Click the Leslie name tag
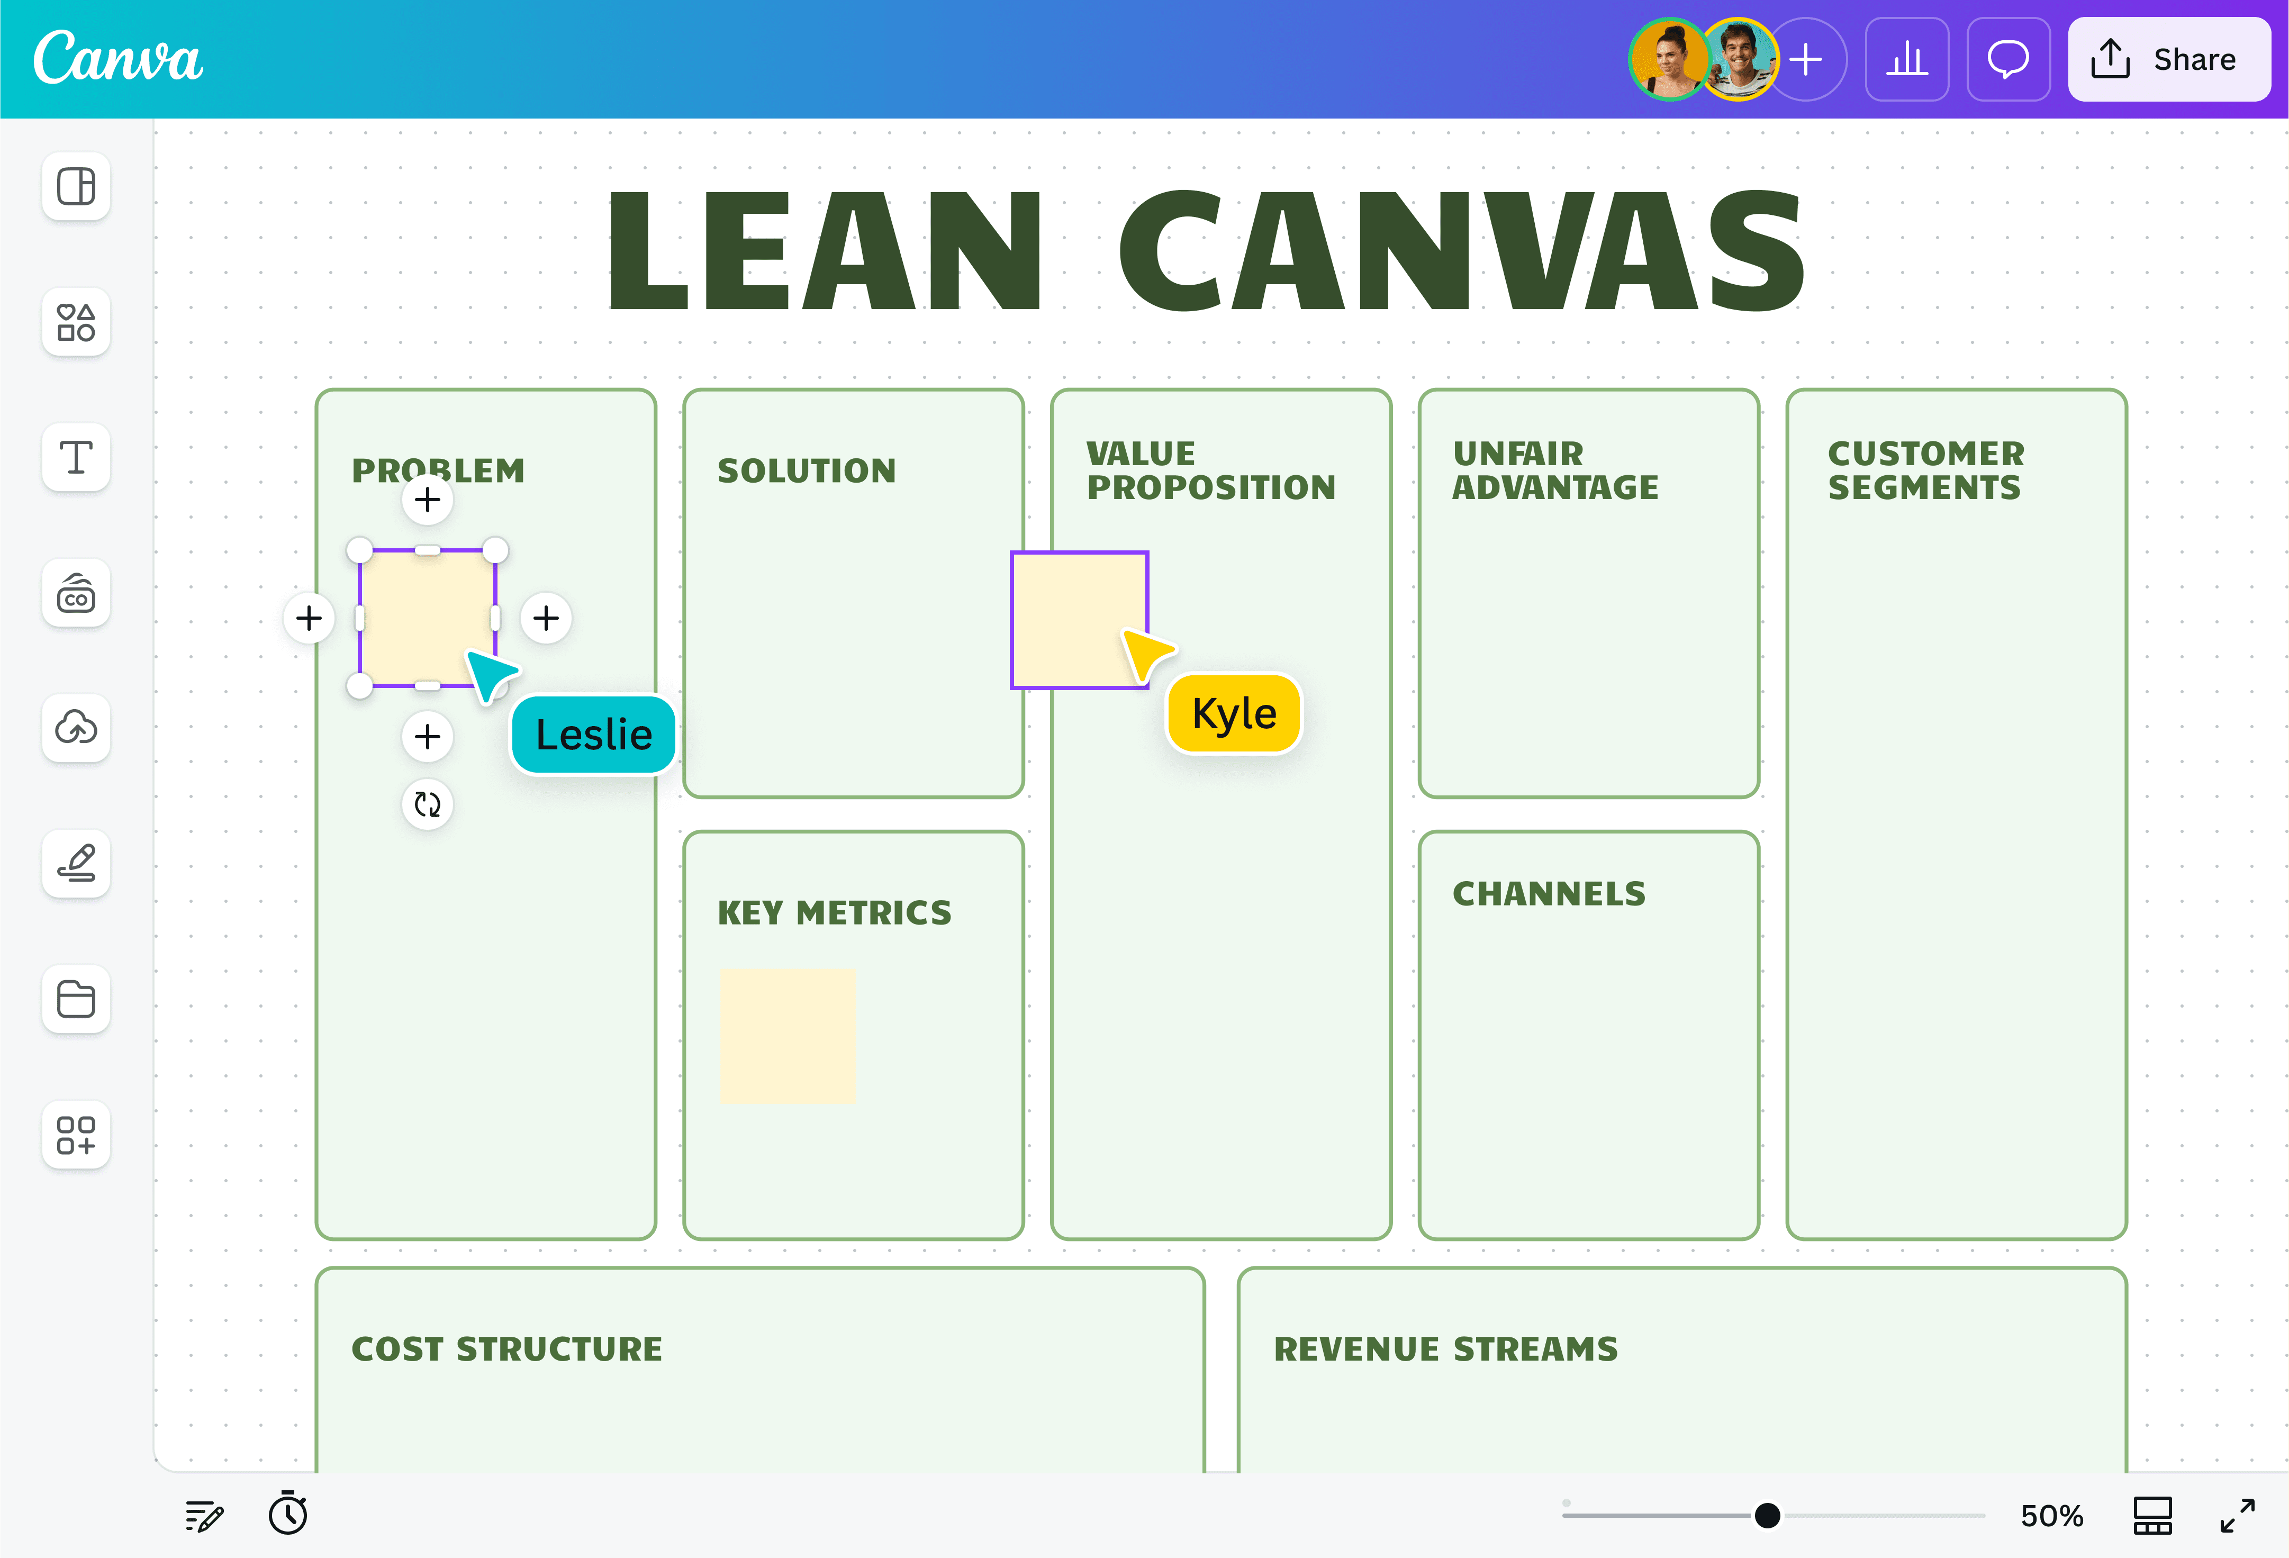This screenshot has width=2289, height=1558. (593, 735)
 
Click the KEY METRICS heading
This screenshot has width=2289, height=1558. (834, 913)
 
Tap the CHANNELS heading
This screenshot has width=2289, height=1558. (1549, 893)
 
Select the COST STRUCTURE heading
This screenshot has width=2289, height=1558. (506, 1348)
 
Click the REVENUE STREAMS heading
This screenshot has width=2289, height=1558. (1445, 1348)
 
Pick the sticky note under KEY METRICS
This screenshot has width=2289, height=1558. (788, 1036)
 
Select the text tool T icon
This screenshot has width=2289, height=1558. (76, 457)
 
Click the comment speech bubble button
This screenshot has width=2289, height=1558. (2007, 59)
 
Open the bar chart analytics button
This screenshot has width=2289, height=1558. (1906, 59)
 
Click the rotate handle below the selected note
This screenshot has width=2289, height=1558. (428, 804)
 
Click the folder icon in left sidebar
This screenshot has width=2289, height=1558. (76, 999)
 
